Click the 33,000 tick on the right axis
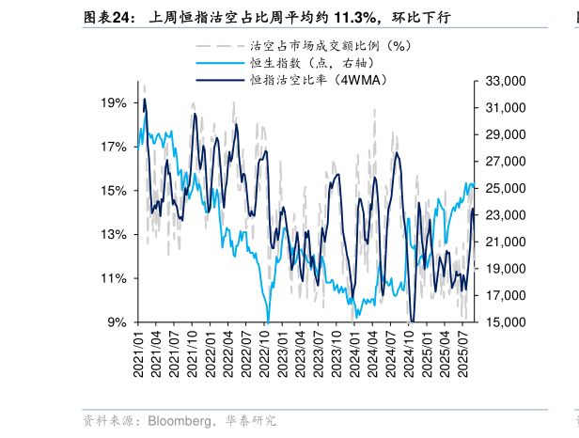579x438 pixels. coord(502,82)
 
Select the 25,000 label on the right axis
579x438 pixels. coord(502,189)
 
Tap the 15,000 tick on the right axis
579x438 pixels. coord(502,322)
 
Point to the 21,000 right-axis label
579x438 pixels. coord(502,242)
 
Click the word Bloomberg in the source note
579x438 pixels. coord(180,420)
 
